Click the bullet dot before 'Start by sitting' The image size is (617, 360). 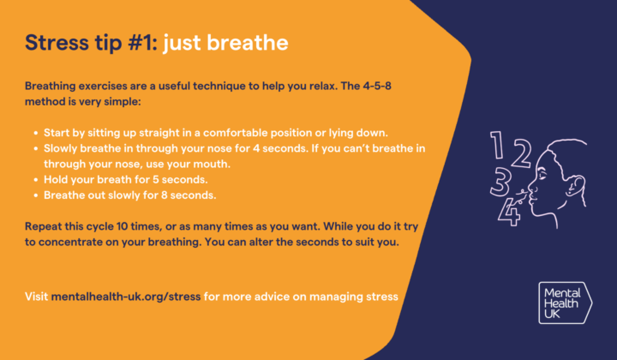34,133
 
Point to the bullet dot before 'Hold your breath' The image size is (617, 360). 34,179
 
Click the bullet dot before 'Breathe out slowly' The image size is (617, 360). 34,195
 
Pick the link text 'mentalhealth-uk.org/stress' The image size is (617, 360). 126,297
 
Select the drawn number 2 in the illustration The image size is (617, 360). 518,154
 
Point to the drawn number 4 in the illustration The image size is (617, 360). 511,210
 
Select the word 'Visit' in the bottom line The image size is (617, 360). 37,297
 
